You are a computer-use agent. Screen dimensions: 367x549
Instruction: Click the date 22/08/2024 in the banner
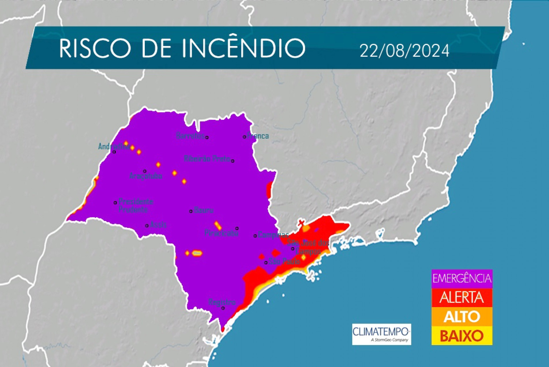404,51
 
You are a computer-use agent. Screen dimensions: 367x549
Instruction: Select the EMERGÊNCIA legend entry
462,279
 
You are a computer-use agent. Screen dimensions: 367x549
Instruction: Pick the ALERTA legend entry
462,297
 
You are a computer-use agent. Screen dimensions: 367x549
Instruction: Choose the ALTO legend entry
462,317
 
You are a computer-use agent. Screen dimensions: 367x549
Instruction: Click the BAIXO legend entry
462,336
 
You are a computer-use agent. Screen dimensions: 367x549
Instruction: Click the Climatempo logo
381,334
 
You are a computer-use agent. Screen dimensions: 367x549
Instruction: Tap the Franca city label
258,136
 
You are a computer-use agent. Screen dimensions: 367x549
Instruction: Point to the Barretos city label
190,135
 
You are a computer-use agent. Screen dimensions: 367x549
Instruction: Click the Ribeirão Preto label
207,158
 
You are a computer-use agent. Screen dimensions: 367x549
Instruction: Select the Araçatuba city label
146,176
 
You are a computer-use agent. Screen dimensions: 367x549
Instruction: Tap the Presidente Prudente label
135,205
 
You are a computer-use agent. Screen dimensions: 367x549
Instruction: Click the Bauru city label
204,210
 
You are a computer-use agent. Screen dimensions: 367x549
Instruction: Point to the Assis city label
158,224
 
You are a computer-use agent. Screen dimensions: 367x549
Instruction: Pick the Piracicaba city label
221,233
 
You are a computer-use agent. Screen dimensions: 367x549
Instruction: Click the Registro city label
222,302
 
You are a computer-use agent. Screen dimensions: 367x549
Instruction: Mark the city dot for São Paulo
266,262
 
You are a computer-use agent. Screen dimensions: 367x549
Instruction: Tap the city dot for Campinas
255,236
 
